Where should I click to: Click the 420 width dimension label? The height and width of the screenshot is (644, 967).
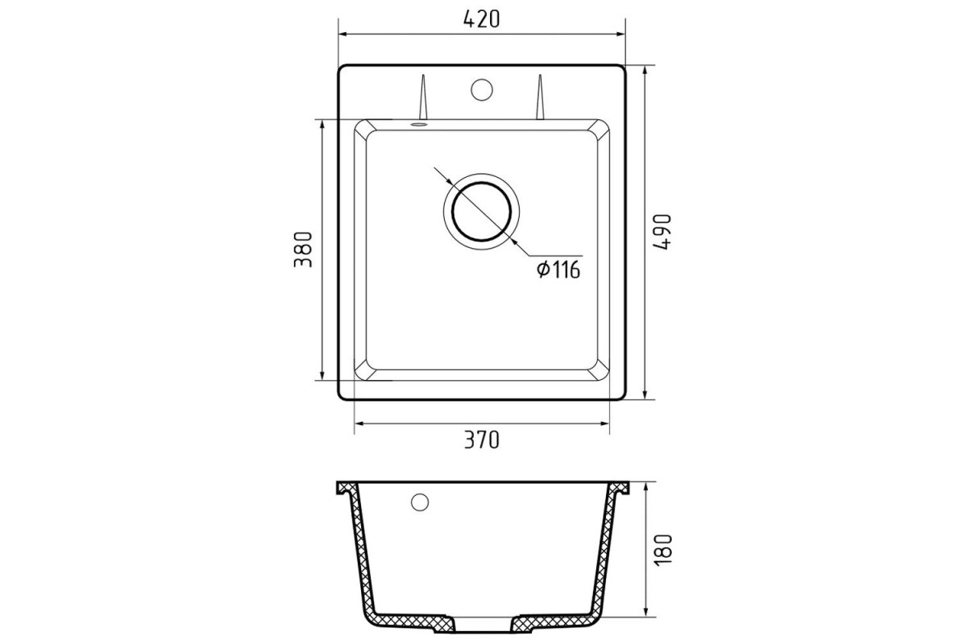[481, 19]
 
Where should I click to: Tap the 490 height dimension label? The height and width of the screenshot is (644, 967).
[662, 232]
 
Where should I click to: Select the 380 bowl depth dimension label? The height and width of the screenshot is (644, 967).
[303, 250]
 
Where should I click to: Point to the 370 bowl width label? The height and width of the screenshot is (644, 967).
[481, 440]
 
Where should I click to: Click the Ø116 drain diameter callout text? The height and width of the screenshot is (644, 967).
[558, 270]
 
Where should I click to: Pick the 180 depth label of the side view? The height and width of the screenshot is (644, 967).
[663, 550]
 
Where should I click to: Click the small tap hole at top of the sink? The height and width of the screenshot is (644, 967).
[482, 89]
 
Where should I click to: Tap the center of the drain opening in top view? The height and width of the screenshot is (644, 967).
[481, 212]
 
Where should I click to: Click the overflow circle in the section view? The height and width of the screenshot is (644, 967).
[420, 502]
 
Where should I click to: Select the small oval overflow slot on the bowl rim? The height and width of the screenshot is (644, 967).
[419, 124]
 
